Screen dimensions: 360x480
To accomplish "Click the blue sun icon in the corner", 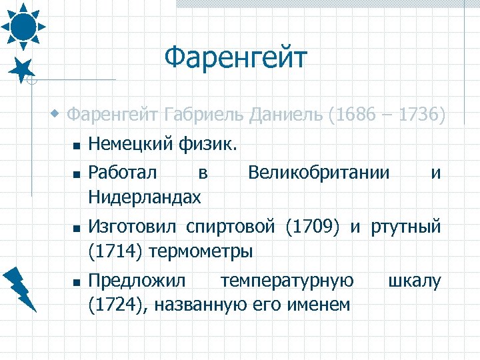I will [23, 25].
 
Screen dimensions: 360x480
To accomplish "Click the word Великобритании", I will [319, 173].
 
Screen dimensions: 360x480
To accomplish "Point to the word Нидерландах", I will [144, 197].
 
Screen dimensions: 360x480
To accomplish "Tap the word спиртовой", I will [231, 227].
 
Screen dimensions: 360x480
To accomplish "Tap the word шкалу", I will [415, 281].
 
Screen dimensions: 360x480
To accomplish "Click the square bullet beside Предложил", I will [77, 283].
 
